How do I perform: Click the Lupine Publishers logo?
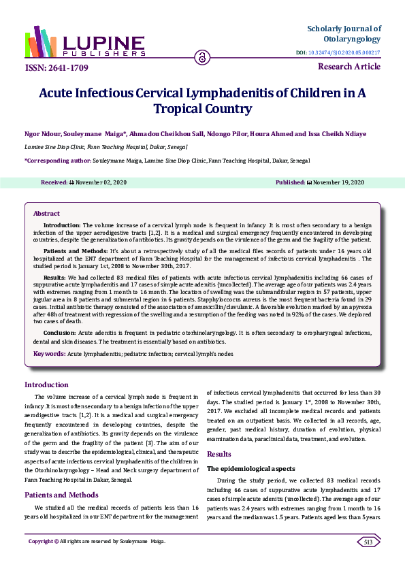tap(84, 42)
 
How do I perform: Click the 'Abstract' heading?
tap(47, 214)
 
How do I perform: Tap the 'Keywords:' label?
tap(49, 354)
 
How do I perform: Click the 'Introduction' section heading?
tap(46, 384)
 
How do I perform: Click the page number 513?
tap(368, 542)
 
